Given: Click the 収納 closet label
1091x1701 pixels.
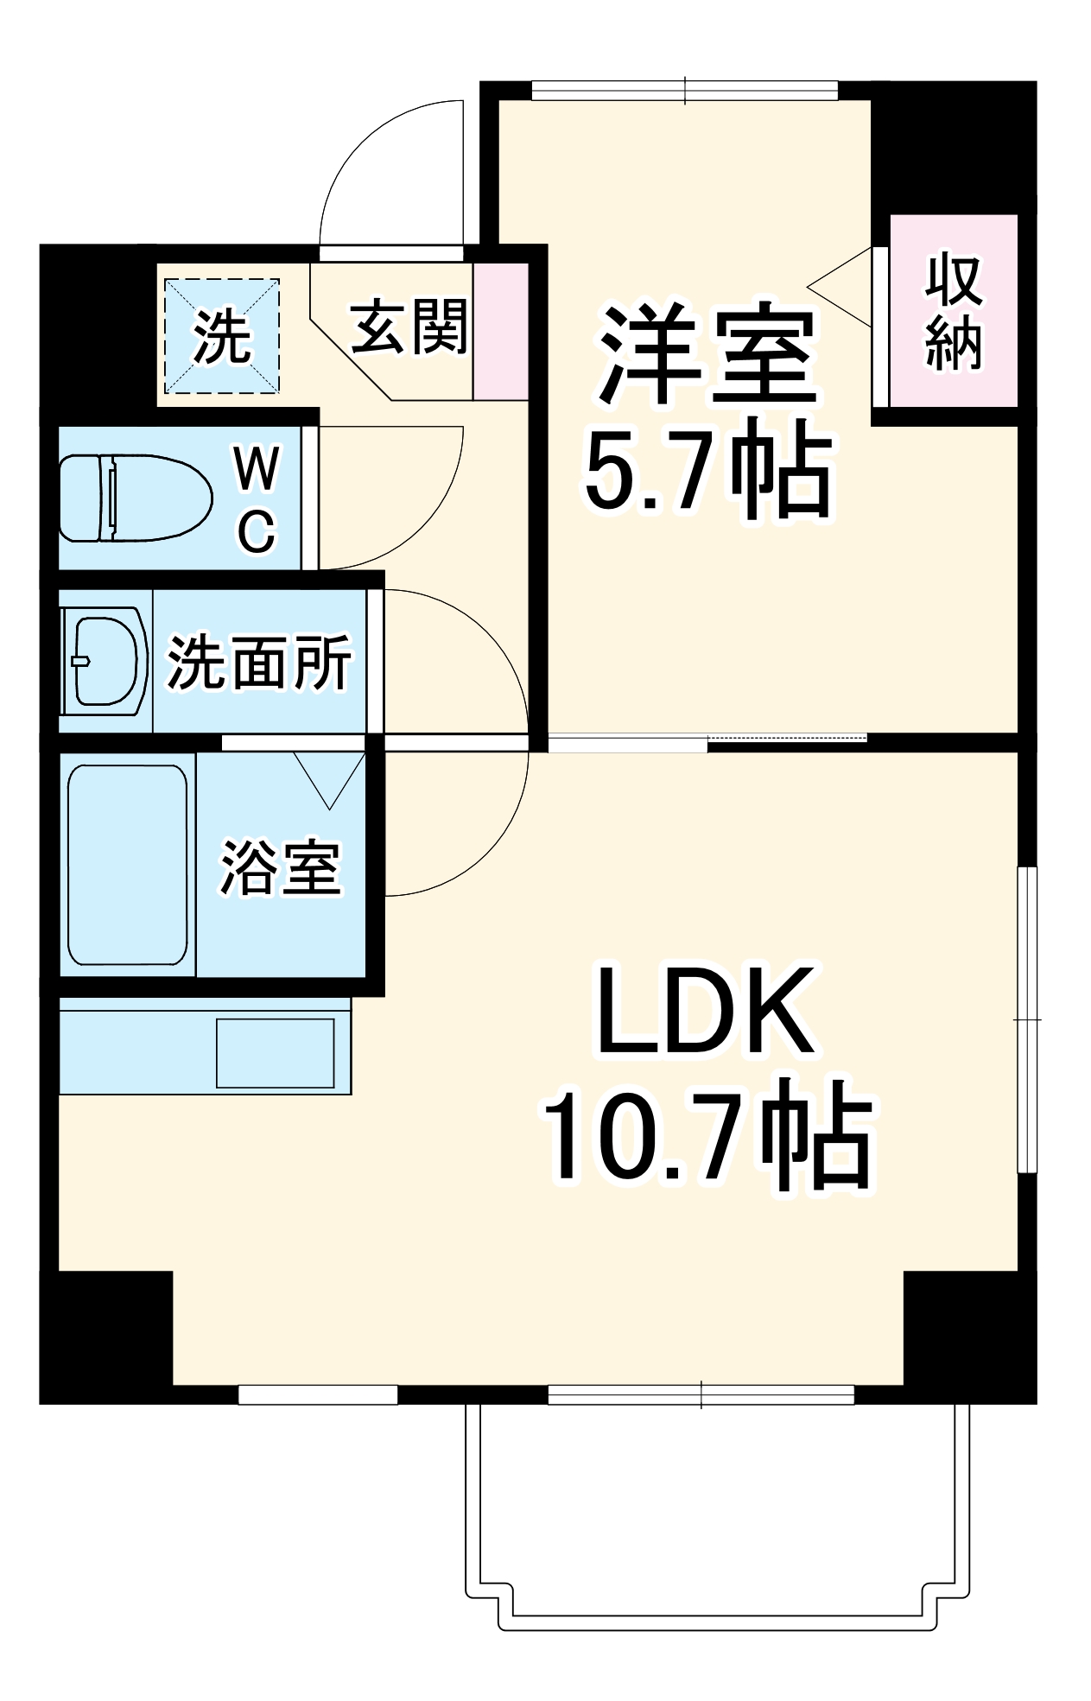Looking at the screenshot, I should (954, 313).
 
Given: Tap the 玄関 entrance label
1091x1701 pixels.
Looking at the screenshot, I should (409, 327).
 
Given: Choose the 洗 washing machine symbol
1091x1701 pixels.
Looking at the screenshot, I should (222, 336).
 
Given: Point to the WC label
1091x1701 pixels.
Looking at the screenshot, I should (257, 498).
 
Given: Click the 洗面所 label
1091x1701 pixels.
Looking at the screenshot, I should (259, 663).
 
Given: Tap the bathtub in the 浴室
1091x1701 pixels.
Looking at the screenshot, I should (128, 864).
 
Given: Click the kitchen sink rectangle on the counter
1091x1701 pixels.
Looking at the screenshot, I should (275, 1052).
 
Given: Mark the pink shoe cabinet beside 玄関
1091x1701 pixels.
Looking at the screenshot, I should (500, 331).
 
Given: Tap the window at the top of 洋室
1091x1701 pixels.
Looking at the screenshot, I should (684, 90).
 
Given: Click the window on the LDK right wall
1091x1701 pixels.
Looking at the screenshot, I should (1026, 1019).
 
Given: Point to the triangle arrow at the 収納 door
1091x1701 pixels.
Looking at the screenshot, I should (842, 287).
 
